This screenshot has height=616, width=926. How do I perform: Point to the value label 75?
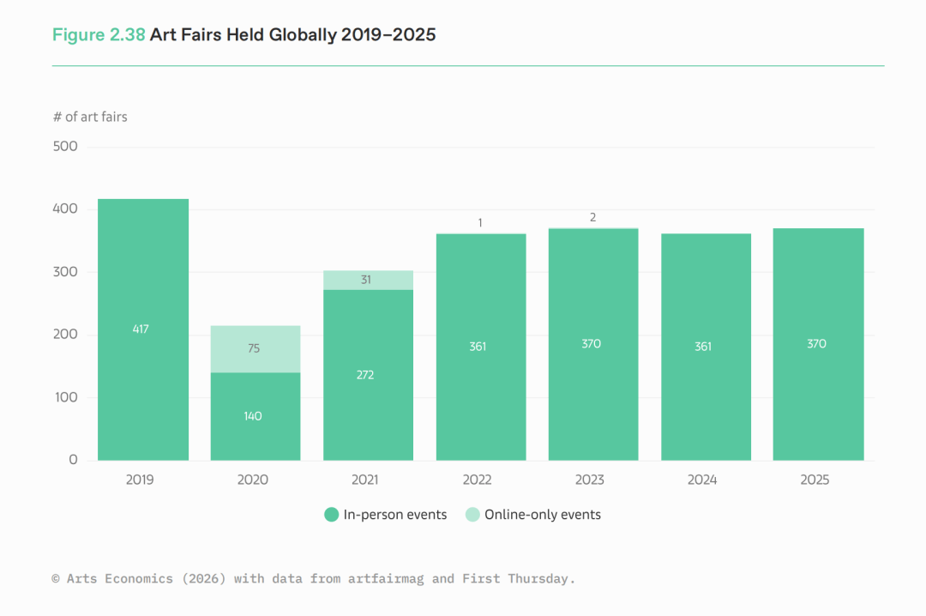click(253, 348)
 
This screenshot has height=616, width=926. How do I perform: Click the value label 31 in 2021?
click(365, 280)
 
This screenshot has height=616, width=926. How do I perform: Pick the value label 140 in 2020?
click(253, 416)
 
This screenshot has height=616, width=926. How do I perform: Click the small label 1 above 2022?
click(480, 223)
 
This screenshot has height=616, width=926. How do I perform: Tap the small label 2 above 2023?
click(592, 218)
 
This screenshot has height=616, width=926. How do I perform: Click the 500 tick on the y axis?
click(65, 147)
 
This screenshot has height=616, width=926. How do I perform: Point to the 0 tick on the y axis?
click(73, 460)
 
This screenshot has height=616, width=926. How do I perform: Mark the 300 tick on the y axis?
click(65, 272)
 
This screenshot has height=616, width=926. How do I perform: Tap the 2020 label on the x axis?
click(252, 480)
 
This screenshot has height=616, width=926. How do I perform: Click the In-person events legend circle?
click(331, 515)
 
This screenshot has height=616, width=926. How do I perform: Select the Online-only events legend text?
click(542, 515)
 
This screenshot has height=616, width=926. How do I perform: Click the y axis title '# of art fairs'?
click(90, 117)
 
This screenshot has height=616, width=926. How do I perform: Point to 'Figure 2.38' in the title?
click(99, 35)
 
